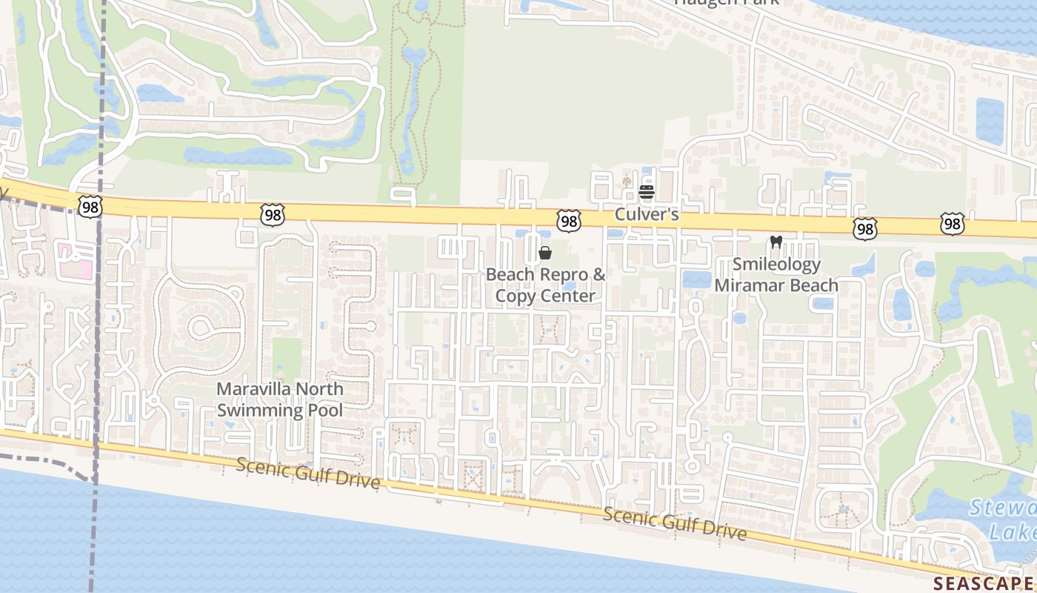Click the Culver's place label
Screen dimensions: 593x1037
(x=647, y=215)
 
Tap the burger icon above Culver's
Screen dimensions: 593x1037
(x=647, y=192)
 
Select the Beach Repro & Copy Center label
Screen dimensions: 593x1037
(x=545, y=285)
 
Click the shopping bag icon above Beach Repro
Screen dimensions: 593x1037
(x=545, y=253)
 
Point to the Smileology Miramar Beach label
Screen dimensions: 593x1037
(x=776, y=275)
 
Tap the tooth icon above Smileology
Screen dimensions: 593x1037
(x=776, y=242)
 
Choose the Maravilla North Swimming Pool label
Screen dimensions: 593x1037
(x=280, y=400)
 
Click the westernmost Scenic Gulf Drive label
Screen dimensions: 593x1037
(x=308, y=473)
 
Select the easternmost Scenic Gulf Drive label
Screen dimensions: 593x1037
(x=674, y=523)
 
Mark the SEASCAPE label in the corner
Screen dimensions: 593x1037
(x=984, y=583)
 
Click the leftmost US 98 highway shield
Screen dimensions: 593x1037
(x=90, y=207)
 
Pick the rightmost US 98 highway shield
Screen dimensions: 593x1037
(x=953, y=223)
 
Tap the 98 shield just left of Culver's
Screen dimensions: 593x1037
(x=568, y=220)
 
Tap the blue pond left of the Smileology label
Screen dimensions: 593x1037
(x=696, y=279)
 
